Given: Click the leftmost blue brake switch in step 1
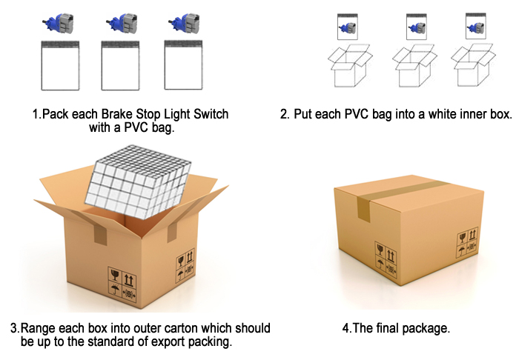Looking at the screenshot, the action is pos(59,23).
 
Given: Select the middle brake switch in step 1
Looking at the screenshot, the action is pos(122,23).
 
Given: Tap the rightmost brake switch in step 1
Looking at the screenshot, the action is pos(184,23).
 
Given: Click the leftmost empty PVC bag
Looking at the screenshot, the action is pos(60,65).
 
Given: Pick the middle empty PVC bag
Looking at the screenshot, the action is pos(120,65).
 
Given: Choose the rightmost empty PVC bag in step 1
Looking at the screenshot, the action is pos(183,65).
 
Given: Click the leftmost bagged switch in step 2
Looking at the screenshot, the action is pos(348,27).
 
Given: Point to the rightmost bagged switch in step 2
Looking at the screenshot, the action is pos(476,26).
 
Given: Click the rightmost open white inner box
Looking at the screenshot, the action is pos(473,65).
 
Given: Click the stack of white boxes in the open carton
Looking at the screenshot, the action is pos(138,181).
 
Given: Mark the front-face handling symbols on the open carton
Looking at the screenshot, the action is pos(122,284).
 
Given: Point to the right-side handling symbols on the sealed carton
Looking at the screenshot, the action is pos(467,242).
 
